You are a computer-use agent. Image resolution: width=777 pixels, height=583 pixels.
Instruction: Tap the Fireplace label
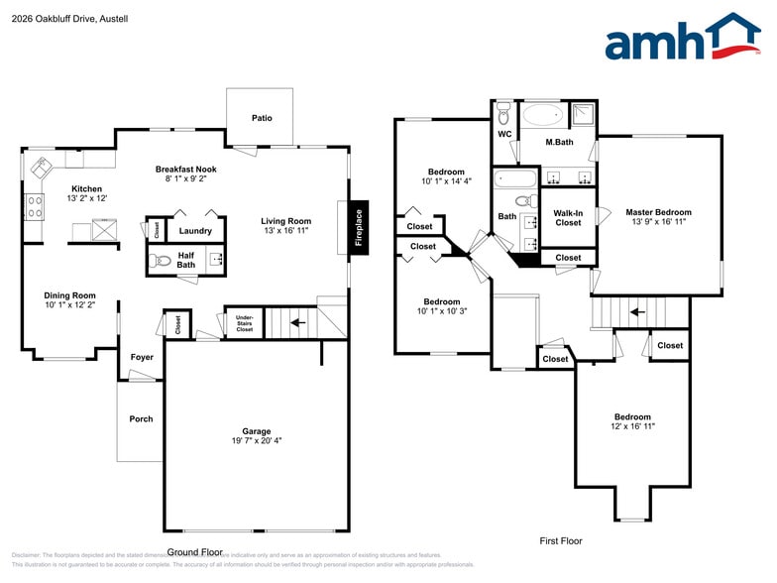(x=359, y=228)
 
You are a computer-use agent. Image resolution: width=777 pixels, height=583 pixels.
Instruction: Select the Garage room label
(x=257, y=431)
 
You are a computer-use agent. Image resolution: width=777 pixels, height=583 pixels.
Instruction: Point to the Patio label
(x=262, y=118)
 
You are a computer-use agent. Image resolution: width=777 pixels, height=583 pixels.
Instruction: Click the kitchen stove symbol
(x=34, y=206)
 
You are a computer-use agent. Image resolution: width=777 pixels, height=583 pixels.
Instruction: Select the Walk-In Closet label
(x=568, y=217)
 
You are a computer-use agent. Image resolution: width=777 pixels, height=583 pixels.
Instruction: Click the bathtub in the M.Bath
(x=543, y=115)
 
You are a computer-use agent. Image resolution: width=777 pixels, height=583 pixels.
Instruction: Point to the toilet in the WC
(x=503, y=110)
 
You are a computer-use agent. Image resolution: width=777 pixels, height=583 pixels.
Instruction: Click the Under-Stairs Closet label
(x=244, y=323)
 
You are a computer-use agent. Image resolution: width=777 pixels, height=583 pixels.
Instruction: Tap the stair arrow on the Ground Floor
(x=297, y=322)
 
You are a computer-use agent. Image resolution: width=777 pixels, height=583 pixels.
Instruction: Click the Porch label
(x=142, y=418)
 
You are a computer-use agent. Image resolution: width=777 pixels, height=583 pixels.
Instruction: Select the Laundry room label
(x=195, y=231)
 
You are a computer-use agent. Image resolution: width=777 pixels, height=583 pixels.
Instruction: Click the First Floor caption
(x=561, y=541)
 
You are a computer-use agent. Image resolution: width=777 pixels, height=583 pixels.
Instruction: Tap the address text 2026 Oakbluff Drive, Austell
(x=56, y=18)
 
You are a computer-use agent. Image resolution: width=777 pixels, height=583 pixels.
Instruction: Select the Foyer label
(x=142, y=356)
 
